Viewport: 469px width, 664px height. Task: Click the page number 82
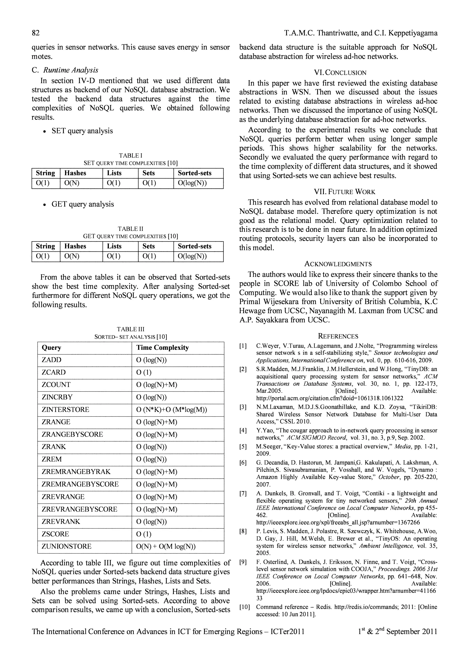click(x=35, y=33)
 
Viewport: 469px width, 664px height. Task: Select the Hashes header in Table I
click(x=75, y=173)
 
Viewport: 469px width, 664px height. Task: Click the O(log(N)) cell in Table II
click(x=192, y=256)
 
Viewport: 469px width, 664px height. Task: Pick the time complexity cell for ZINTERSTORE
click(x=172, y=410)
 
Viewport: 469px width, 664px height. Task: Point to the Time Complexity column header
click(x=162, y=348)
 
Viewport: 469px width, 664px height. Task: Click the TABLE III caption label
click(x=131, y=329)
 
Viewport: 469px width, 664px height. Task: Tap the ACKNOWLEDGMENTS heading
click(x=338, y=264)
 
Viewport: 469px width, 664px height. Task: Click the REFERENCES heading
click(x=338, y=336)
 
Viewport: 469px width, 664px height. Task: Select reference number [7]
click(x=243, y=493)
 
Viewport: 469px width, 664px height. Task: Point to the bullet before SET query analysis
click(x=44, y=132)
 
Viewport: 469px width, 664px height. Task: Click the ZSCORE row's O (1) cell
click(x=144, y=534)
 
